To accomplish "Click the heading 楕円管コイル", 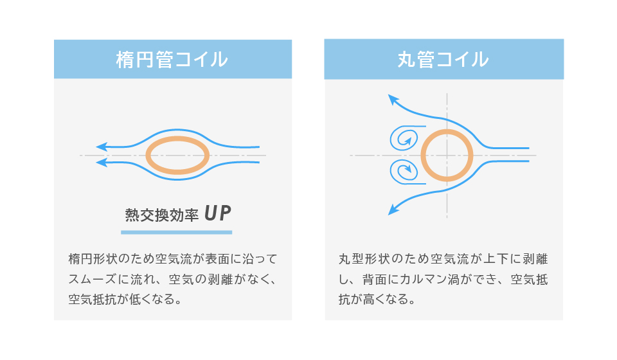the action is [x=172, y=60].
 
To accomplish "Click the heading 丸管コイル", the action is [x=443, y=60].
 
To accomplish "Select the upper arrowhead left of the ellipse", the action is [x=102, y=147].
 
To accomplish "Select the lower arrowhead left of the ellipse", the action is [x=102, y=162].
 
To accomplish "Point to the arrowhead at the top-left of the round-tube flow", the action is [x=393, y=100].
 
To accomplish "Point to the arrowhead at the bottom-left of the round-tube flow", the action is [x=393, y=210].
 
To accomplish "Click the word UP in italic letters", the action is [x=218, y=213].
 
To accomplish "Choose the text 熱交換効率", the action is [x=162, y=215].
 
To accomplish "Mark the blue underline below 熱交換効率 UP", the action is [x=176, y=232].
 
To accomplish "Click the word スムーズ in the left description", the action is [x=93, y=279].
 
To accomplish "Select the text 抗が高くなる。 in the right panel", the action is [x=377, y=300].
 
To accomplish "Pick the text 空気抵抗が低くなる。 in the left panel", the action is [x=125, y=300].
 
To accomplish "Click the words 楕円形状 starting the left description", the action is [x=93, y=259].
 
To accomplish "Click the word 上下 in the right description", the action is [x=496, y=259].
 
